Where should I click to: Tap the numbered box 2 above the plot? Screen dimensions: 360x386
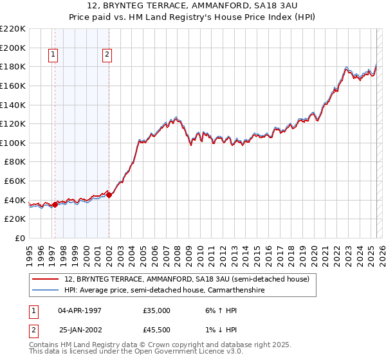107,55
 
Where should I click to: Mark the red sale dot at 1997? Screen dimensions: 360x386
55,204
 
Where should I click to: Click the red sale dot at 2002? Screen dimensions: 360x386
109,195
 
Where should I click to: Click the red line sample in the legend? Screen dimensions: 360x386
46,280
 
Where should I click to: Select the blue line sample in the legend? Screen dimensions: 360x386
46,290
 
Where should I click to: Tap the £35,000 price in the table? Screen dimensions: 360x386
157,310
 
